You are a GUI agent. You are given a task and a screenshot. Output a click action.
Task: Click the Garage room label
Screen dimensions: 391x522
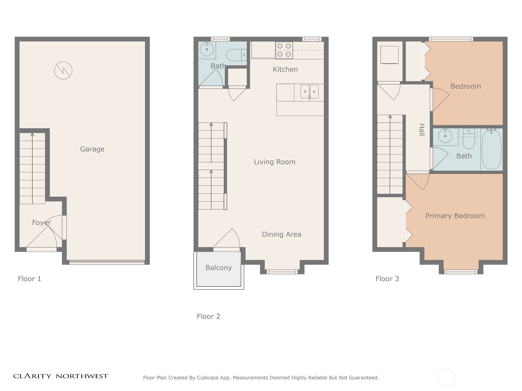click(x=92, y=149)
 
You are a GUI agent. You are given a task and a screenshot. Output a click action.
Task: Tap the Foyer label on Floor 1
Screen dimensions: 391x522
click(x=41, y=223)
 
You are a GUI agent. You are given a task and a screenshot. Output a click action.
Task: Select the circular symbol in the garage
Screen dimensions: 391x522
click(x=63, y=70)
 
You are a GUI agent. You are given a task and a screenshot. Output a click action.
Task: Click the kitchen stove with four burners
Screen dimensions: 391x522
click(x=284, y=50)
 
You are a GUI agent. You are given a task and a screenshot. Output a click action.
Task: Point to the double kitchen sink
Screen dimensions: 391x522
click(x=309, y=92)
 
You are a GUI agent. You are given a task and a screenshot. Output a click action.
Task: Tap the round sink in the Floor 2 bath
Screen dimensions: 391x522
click(x=207, y=50)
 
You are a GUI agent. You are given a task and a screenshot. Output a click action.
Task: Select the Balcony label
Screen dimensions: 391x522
click(x=219, y=268)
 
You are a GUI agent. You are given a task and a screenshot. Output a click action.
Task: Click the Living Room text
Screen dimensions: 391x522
click(x=274, y=162)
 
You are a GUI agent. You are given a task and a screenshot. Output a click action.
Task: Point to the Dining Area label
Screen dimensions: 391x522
click(x=282, y=234)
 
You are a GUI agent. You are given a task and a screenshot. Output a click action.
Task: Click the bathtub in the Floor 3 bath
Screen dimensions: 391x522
click(x=491, y=149)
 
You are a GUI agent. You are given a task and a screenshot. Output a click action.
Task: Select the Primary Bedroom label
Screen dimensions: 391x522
click(x=455, y=216)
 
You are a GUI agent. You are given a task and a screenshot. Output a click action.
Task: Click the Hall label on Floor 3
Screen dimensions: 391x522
click(x=422, y=130)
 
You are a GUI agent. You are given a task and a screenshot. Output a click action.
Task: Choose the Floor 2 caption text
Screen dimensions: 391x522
click(x=208, y=316)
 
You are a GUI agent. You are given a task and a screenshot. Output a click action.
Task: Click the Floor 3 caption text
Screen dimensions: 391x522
click(x=387, y=279)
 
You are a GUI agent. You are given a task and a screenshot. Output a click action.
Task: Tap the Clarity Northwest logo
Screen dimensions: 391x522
click(x=60, y=376)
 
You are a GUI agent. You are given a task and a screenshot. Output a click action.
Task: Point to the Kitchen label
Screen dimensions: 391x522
click(x=285, y=69)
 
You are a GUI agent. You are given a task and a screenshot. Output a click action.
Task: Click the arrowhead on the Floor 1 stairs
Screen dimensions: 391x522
click(x=32, y=134)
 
